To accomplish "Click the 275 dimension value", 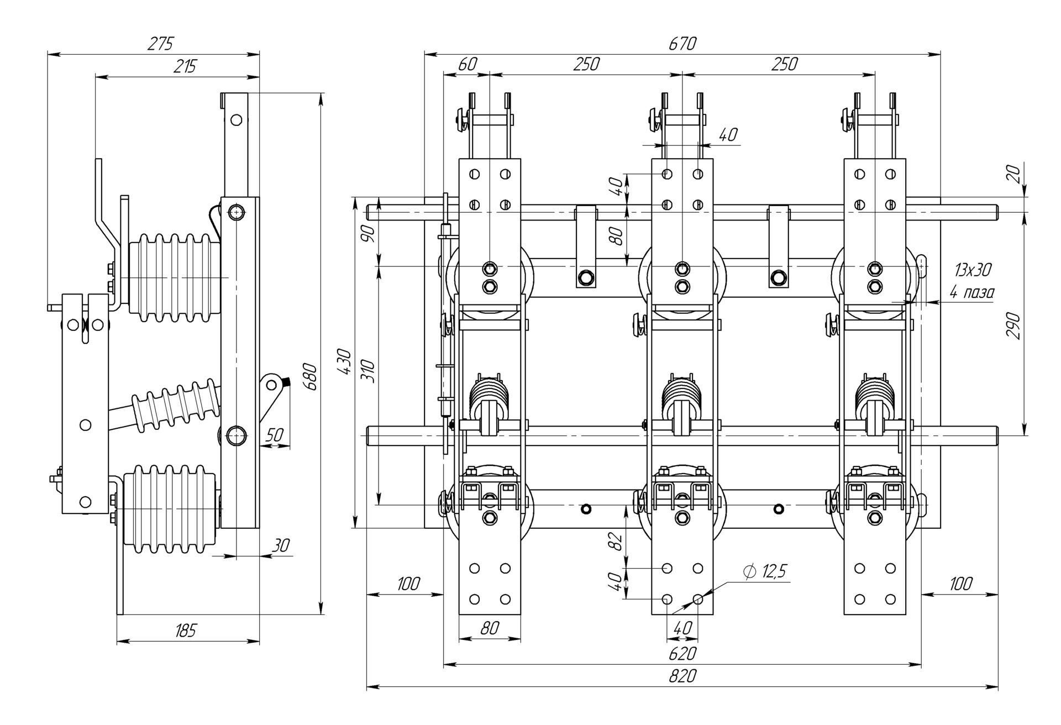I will point(160,44).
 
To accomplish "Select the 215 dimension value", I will point(185,66).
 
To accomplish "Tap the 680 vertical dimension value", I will point(311,377).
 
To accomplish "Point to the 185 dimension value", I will point(185,630).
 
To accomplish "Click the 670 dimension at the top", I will point(682,44).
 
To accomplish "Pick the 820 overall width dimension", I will point(682,676).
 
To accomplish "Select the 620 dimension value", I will point(682,654).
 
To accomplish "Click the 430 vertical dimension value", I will point(344,362).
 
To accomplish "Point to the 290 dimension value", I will point(1013,326).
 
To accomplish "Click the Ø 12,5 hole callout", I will point(765,572).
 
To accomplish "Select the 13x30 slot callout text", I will point(973,270).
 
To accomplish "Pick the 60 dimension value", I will point(468,64).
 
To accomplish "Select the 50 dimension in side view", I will point(274,435).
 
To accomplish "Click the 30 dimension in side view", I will point(281,546).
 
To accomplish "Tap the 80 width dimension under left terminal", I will point(490,628).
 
